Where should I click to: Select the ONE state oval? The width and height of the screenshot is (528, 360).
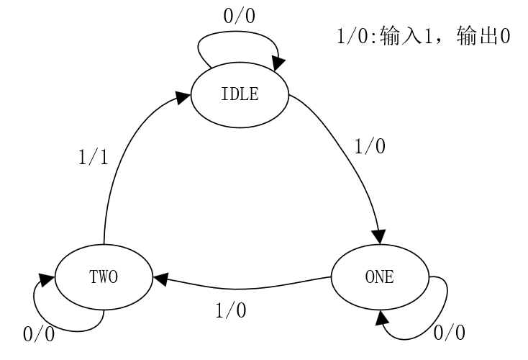pos(379,277)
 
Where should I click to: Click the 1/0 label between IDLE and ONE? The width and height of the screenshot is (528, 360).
pos(370,146)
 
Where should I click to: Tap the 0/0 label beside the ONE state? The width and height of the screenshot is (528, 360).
pos(450,333)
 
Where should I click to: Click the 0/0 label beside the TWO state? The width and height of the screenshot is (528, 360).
pos(40,334)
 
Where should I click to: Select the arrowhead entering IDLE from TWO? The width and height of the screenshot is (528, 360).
pos(184,102)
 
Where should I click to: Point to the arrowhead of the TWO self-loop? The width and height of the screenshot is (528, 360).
pos(46,278)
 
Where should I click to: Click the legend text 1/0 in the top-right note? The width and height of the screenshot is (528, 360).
pos(352,37)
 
